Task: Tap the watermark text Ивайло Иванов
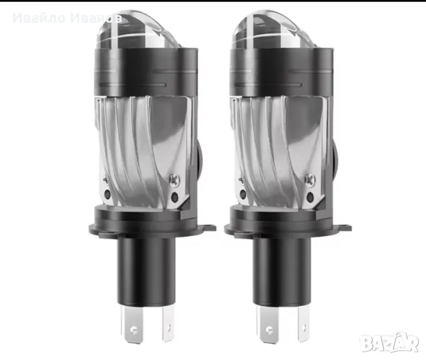coord(67,18)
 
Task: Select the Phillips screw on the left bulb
coord(175,180)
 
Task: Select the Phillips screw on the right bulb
coord(310,180)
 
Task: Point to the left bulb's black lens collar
coord(146,72)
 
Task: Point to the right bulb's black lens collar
coord(281,72)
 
